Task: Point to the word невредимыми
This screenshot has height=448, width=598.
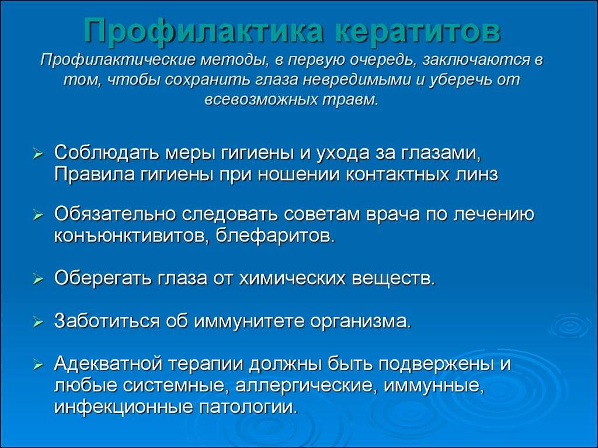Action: (x=357, y=79)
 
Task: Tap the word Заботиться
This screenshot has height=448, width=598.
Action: (x=107, y=321)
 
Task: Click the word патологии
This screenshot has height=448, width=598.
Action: (x=248, y=407)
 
